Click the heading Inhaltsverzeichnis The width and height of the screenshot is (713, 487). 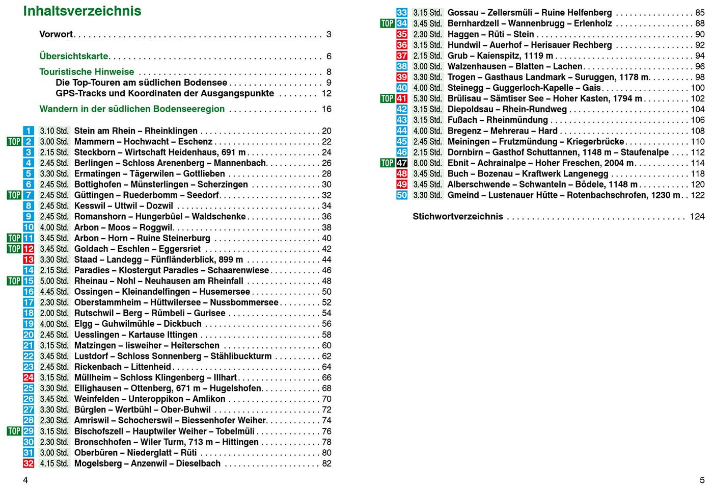coord(82,11)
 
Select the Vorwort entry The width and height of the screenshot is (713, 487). coord(56,34)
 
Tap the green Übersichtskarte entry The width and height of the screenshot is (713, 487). coord(74,56)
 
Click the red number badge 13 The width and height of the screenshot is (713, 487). coord(29,260)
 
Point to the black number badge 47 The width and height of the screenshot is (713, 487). coord(402,163)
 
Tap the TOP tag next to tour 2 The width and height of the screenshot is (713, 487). coord(14,142)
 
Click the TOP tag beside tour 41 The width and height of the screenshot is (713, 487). coord(388,99)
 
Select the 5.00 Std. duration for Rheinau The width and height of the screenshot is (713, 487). coord(54,281)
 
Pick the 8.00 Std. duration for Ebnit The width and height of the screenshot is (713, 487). coord(427,163)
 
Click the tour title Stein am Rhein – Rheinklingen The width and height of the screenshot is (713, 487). coord(135,131)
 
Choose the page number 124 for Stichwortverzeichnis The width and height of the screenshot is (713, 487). coord(697,217)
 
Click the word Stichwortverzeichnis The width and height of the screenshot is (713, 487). coord(457,217)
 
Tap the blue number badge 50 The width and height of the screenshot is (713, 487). coord(402,195)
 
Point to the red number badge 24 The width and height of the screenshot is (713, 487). coord(29,378)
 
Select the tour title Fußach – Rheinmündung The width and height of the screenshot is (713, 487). coord(498,120)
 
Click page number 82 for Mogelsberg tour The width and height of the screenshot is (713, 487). coord(326,464)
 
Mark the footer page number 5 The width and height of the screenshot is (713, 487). coord(702,480)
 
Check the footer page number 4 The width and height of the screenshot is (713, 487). coord(25,480)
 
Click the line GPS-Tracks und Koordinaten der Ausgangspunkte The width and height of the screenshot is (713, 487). coord(164,93)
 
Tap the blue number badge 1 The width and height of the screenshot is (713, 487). coord(29,131)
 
